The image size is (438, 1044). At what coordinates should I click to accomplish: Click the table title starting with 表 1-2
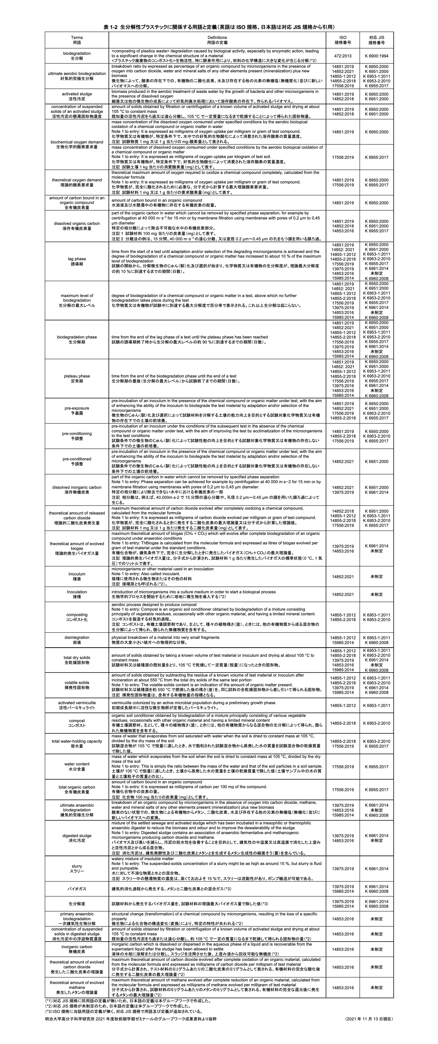tap(219, 27)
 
